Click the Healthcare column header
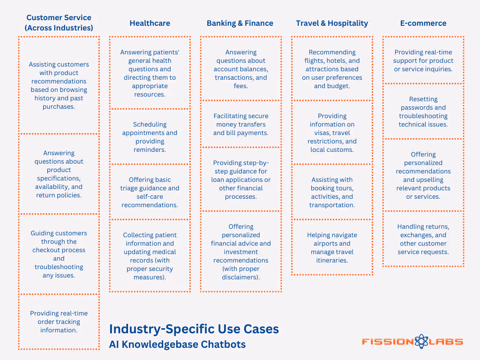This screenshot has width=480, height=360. [x=150, y=23]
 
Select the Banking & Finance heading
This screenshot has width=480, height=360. [x=240, y=23]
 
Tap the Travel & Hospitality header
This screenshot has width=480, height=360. [x=332, y=23]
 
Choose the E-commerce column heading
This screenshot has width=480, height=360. [x=423, y=23]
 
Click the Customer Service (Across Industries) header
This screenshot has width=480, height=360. [x=59, y=22]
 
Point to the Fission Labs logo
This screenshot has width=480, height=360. [x=412, y=342]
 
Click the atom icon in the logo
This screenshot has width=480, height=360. [x=421, y=342]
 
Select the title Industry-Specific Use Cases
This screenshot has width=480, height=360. [x=194, y=329]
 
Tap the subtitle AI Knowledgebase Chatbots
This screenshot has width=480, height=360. [x=177, y=345]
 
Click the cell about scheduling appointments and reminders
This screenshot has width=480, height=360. [x=150, y=137]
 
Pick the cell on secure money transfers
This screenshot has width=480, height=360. [x=241, y=124]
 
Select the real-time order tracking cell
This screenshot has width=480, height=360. [x=59, y=322]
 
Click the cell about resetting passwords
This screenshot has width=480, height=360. [x=423, y=112]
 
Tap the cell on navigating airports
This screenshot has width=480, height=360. [x=332, y=247]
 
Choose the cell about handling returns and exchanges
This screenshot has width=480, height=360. [x=423, y=239]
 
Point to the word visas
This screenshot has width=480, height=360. [x=319, y=133]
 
